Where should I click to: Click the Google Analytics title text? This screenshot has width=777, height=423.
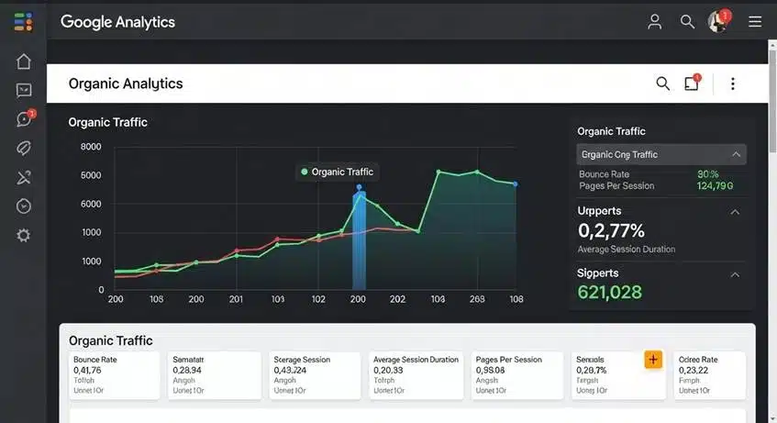point(117,22)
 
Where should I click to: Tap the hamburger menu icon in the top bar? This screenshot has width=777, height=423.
point(755,22)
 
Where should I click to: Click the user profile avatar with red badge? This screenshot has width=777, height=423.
point(718,22)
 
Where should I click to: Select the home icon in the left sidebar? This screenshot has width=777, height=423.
point(24,61)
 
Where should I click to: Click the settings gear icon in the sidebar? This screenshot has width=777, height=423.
point(24,236)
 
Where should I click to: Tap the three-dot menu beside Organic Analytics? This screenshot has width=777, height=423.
point(732,83)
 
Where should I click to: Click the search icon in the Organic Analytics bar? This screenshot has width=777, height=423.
point(663,83)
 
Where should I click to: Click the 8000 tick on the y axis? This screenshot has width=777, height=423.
point(91,147)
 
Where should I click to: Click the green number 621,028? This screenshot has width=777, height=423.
point(610,292)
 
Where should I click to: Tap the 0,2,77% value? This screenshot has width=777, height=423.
point(611,230)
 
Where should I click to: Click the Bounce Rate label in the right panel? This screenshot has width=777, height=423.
point(605,173)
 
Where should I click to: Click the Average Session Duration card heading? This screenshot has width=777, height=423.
point(416,360)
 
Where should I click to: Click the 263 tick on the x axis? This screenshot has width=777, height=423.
point(477,299)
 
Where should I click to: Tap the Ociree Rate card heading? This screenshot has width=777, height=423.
point(697,360)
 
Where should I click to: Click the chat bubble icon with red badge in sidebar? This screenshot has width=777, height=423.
point(24,119)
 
